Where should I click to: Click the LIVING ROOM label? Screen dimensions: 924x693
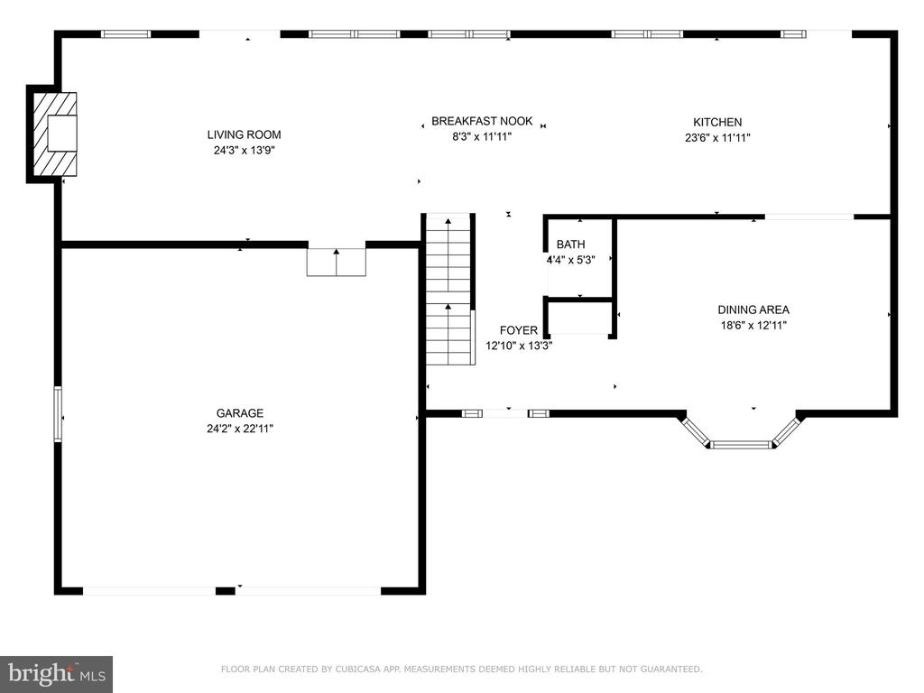click(244, 134)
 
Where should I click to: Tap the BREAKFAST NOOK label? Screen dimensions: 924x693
click(482, 121)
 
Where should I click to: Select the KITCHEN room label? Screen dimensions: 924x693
click(717, 122)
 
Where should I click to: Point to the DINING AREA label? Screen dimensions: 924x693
click(753, 310)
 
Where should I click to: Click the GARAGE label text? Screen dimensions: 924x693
click(240, 413)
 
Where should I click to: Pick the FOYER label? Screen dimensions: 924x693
click(519, 330)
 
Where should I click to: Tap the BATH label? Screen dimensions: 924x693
click(570, 244)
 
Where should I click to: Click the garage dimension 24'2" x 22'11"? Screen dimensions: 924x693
click(240, 429)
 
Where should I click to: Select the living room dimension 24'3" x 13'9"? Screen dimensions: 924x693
click(244, 150)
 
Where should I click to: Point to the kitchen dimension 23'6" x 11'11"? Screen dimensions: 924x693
click(717, 137)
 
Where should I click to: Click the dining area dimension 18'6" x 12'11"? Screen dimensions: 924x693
click(753, 325)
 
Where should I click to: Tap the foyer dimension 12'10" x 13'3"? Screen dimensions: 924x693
click(519, 346)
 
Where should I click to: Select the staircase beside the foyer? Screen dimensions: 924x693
click(449, 290)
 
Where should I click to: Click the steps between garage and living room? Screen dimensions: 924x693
click(337, 263)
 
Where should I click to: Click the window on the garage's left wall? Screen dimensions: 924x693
click(58, 413)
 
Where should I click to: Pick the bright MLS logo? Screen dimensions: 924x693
click(57, 674)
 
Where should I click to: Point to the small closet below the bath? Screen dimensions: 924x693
click(580, 319)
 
